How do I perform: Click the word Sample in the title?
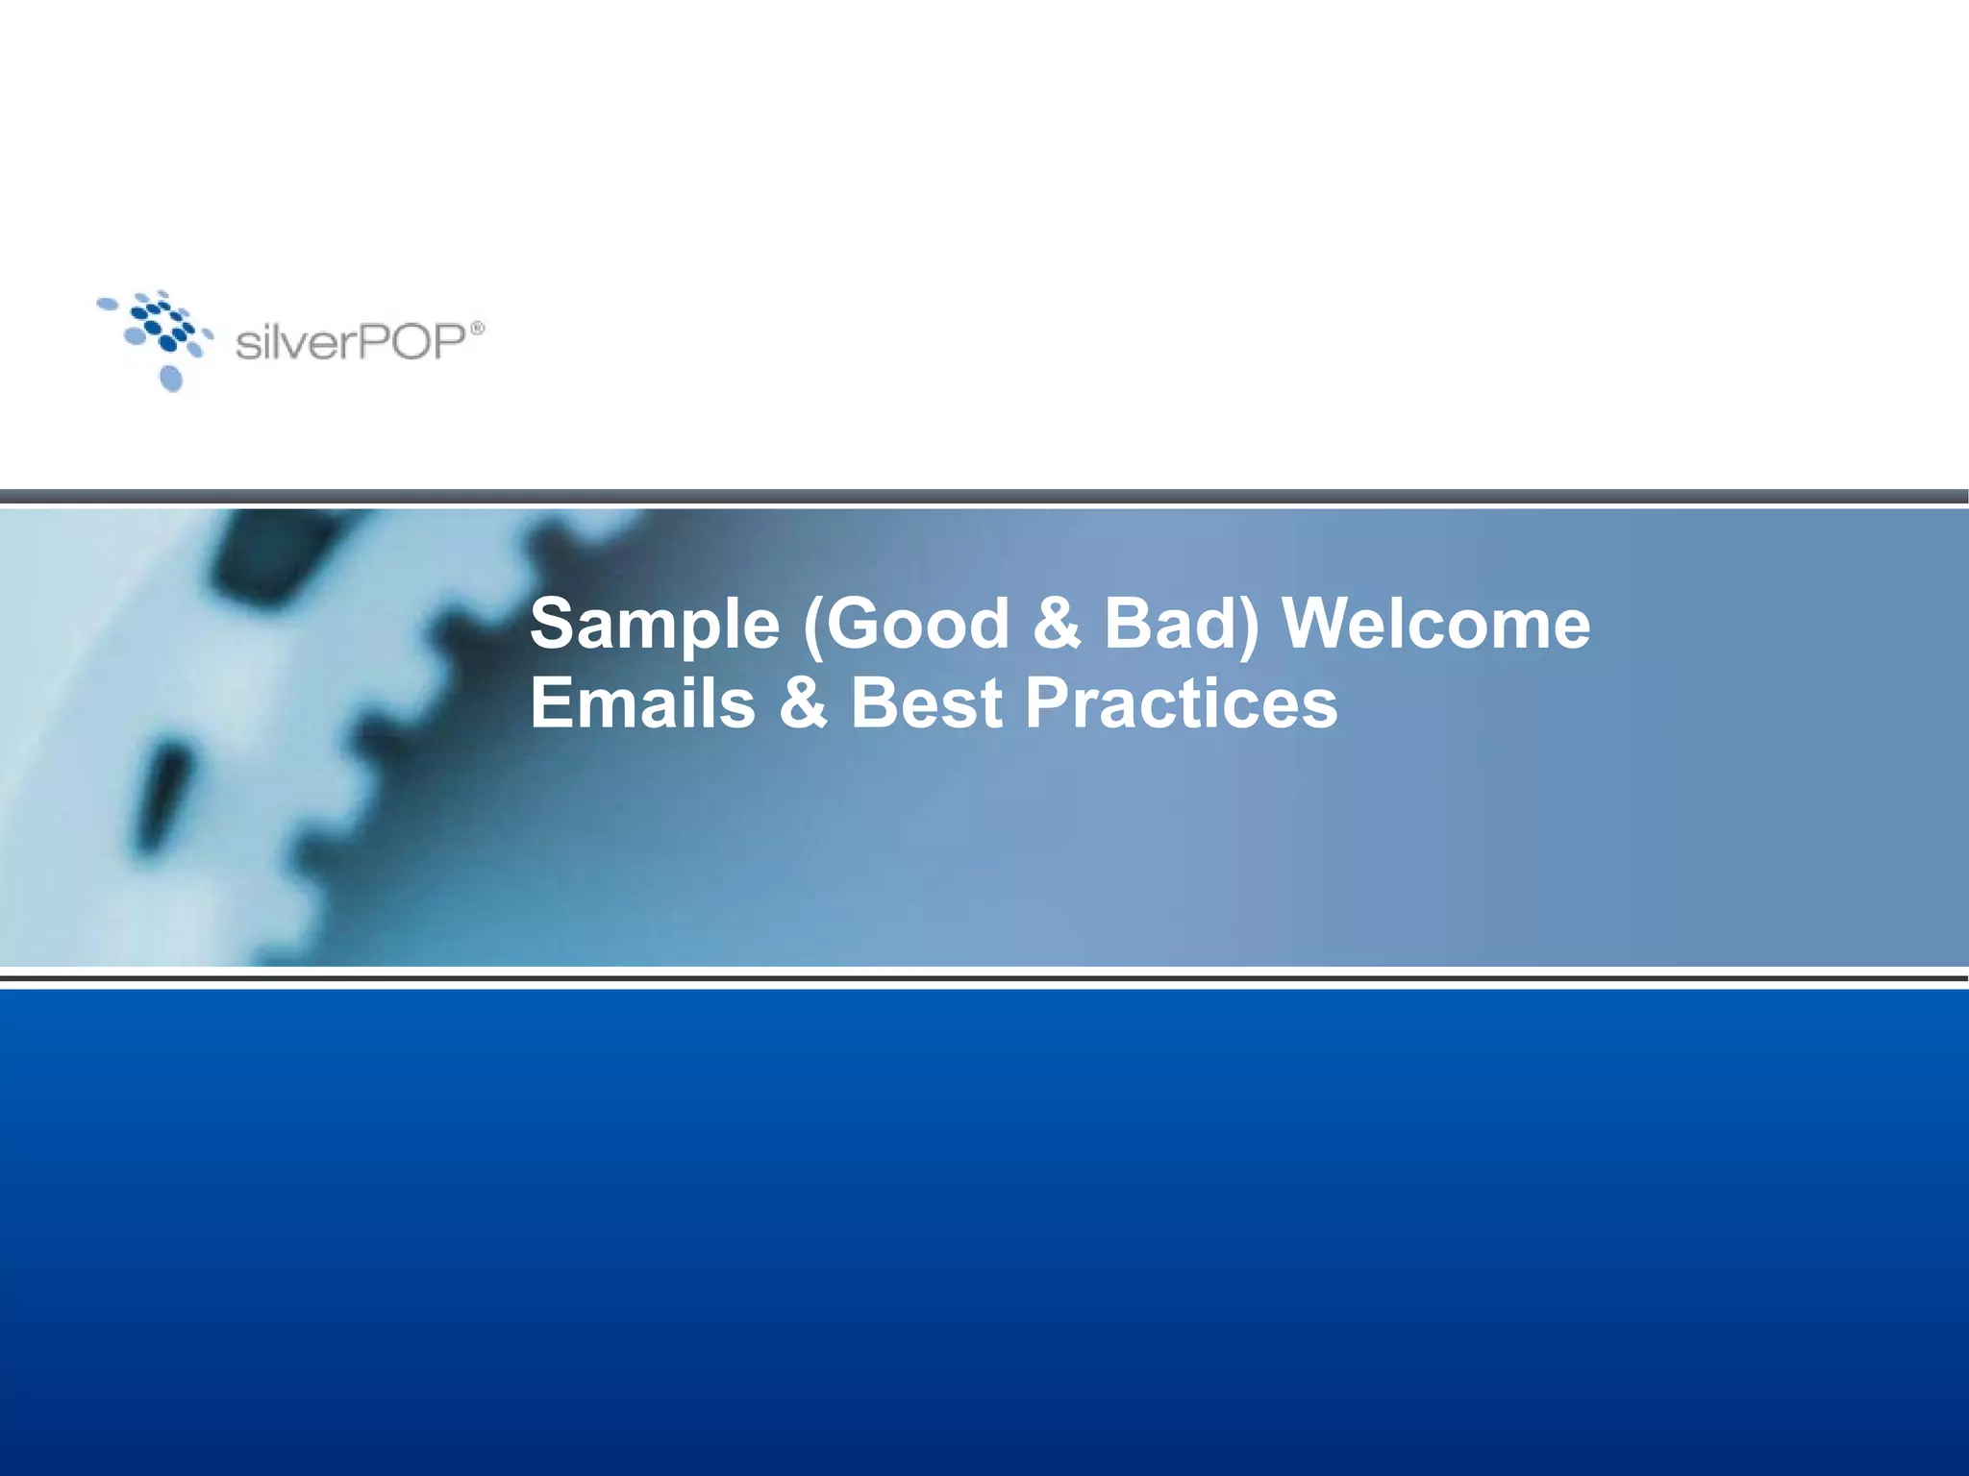(x=655, y=626)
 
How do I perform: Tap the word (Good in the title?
(x=905, y=626)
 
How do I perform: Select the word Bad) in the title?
(x=1181, y=624)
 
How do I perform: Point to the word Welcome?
(x=1436, y=624)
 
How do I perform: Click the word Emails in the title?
(x=642, y=702)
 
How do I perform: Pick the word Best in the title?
(x=927, y=702)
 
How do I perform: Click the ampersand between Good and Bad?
(x=1057, y=624)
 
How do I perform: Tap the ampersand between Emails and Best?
(x=803, y=702)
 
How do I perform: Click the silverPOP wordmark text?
(x=351, y=342)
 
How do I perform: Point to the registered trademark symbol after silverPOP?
(x=477, y=329)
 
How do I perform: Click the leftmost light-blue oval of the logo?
(x=107, y=305)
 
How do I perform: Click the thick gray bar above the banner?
(x=984, y=496)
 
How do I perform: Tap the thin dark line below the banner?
(x=984, y=978)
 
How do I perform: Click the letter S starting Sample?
(x=554, y=624)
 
